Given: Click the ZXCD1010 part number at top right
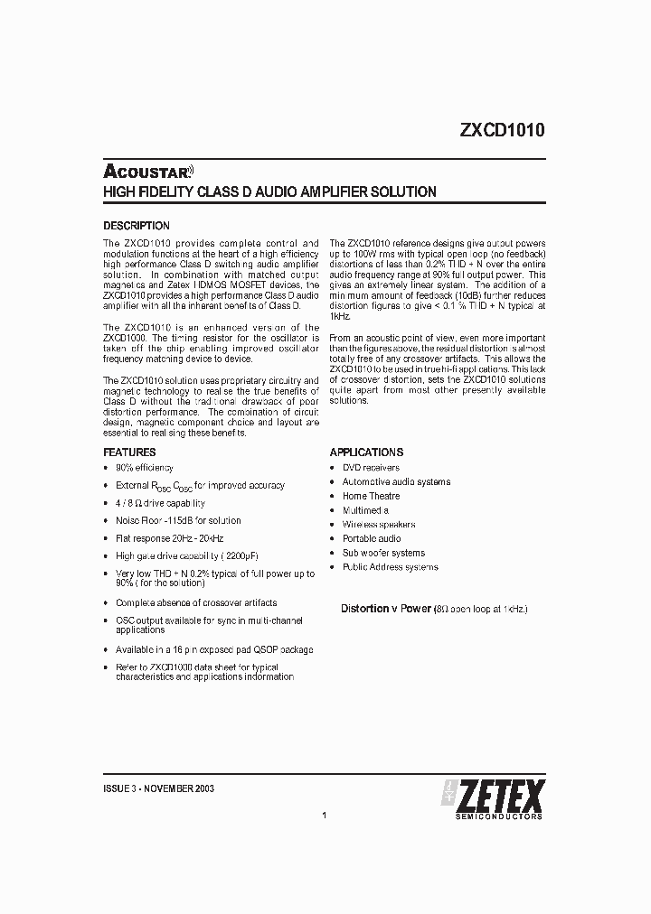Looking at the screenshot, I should (x=502, y=129).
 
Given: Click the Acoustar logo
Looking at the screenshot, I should (x=149, y=171).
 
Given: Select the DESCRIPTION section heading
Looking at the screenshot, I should (x=136, y=226).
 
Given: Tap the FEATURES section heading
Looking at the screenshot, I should (x=129, y=452).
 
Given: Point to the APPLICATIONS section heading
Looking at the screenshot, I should (x=366, y=452).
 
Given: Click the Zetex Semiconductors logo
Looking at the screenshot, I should (x=492, y=799).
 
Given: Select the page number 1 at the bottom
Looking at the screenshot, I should (x=324, y=816).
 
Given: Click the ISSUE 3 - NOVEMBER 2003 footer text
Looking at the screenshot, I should (x=159, y=788).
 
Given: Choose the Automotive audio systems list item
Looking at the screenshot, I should (x=396, y=482).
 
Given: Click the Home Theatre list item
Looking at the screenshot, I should (x=371, y=496).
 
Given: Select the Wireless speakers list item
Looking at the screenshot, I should (x=378, y=525).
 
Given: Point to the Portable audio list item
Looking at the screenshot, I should (x=372, y=538).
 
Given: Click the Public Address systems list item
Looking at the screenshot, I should (x=390, y=567).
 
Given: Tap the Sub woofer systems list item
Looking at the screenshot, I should (x=383, y=553).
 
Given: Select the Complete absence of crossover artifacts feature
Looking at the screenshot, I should (x=196, y=602).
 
